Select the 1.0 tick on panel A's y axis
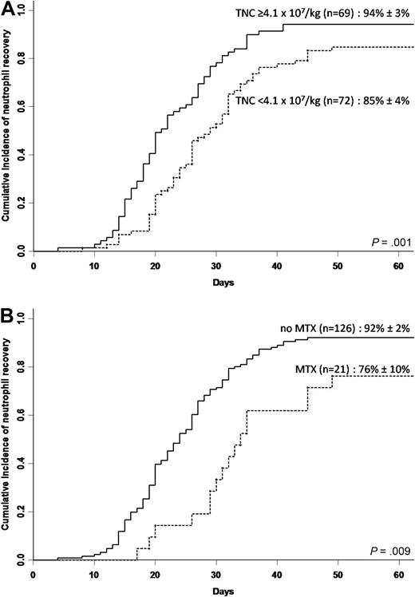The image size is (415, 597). tap(22, 10)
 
